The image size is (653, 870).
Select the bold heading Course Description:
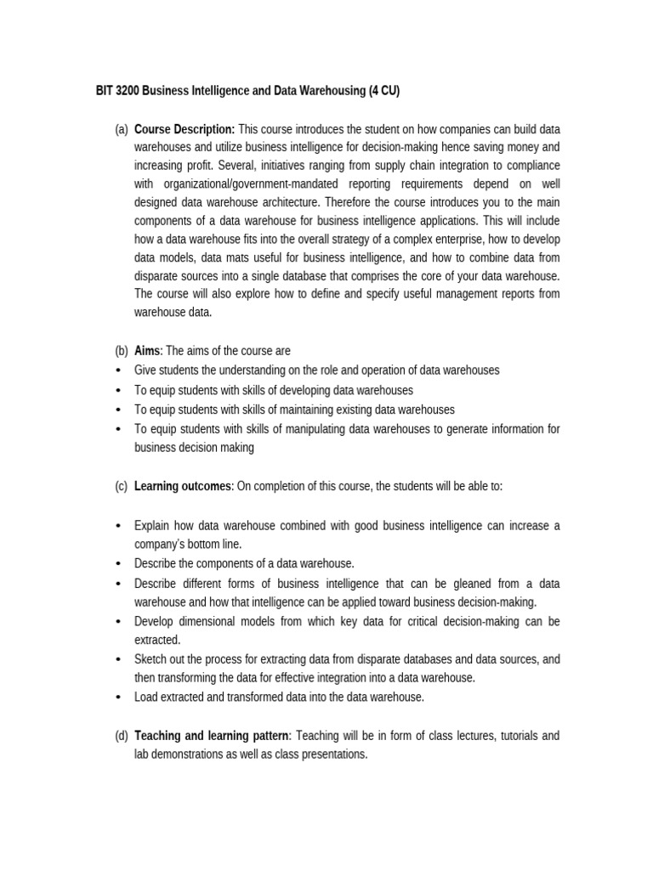185,129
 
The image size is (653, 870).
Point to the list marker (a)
121,129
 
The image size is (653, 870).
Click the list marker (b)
121,351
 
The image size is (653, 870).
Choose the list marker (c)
121,486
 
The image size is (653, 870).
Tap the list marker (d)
121,735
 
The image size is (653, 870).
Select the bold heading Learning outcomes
184,486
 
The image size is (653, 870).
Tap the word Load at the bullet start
146,697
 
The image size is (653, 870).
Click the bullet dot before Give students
116,370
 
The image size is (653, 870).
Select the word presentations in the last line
332,754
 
